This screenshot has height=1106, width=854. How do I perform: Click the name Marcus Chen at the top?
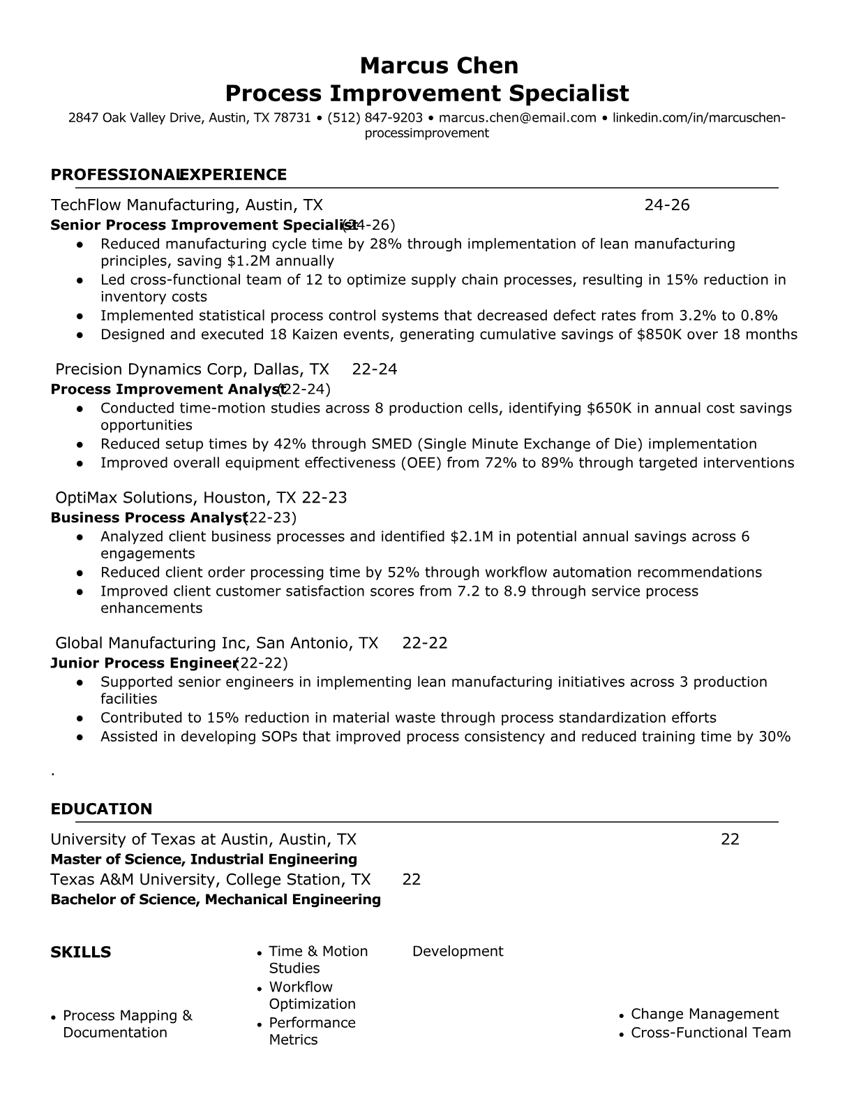(439, 66)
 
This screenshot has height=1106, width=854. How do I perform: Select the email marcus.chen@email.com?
(518, 117)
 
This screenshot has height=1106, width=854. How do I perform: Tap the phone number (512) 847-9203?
(375, 117)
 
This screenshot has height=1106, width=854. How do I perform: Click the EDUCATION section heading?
(101, 809)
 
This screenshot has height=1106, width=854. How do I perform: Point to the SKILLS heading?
(80, 952)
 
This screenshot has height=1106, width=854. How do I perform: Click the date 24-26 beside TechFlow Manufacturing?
(666, 205)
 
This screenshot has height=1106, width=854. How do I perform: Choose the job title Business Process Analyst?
(149, 517)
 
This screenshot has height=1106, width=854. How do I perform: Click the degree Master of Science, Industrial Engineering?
(204, 859)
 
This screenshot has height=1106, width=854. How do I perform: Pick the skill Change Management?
(705, 1014)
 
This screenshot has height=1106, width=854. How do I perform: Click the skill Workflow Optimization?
(312, 996)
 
